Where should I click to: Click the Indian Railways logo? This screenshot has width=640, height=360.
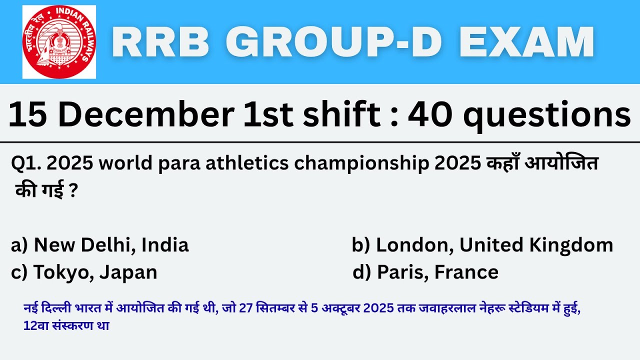59,42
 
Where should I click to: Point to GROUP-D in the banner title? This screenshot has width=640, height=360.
330,42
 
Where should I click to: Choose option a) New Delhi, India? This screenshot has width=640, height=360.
100,245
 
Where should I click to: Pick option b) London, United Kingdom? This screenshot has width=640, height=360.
482,245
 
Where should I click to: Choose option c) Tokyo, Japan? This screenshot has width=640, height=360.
84,272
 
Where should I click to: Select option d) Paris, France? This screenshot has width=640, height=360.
425,272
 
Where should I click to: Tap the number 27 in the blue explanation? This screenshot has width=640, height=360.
245,308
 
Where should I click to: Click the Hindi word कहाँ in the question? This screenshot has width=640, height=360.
503,163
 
